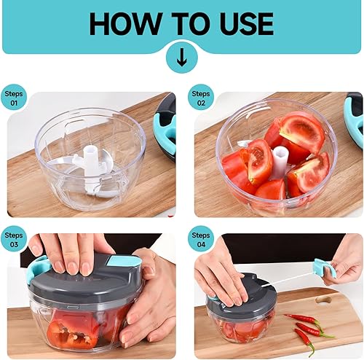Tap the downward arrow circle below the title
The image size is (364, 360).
[181, 57]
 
